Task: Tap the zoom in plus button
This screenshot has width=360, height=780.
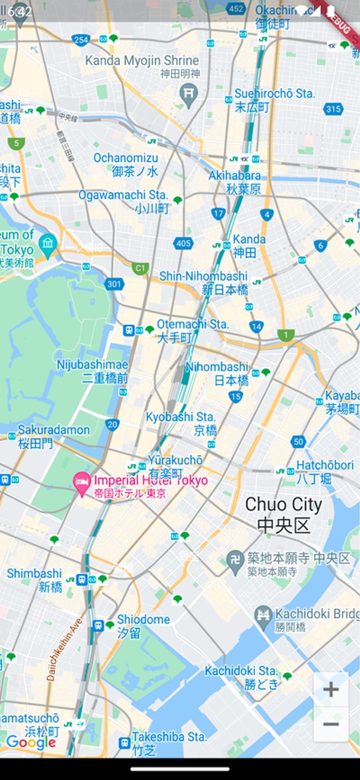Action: (331, 689)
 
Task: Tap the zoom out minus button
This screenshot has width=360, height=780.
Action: (331, 724)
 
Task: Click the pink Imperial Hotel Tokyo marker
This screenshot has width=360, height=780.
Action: (82, 483)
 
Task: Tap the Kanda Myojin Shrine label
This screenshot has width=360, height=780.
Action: (142, 61)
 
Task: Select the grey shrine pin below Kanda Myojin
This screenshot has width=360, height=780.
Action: (189, 94)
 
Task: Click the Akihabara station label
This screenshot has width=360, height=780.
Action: (235, 182)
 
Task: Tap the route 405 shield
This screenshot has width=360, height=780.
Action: (183, 243)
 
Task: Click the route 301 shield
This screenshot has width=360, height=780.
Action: (114, 284)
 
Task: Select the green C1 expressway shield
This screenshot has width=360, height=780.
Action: (140, 268)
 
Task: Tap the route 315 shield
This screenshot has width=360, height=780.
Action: (333, 109)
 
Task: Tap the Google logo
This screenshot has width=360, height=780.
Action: (31, 743)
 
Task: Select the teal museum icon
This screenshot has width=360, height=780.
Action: (48, 245)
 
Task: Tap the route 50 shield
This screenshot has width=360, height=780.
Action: (298, 442)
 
